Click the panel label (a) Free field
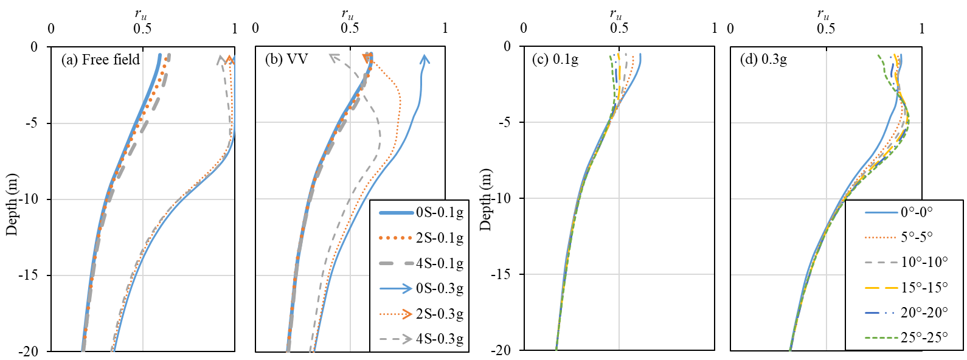pyautogui.click(x=100, y=60)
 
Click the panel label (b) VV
pyautogui.click(x=287, y=60)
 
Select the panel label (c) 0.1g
pyautogui.click(x=555, y=60)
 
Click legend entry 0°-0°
pyautogui.click(x=917, y=212)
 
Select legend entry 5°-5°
pyautogui.click(x=917, y=237)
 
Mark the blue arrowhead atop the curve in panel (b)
pyautogui.click(x=425, y=59)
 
